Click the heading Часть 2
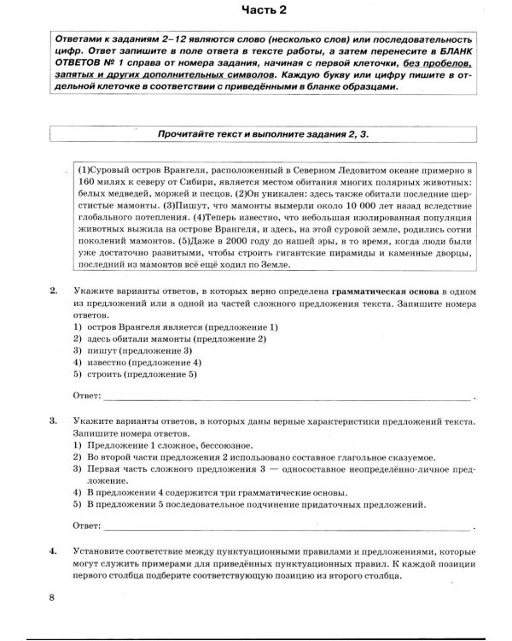pos(255,11)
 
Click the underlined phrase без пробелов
pos(439,64)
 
